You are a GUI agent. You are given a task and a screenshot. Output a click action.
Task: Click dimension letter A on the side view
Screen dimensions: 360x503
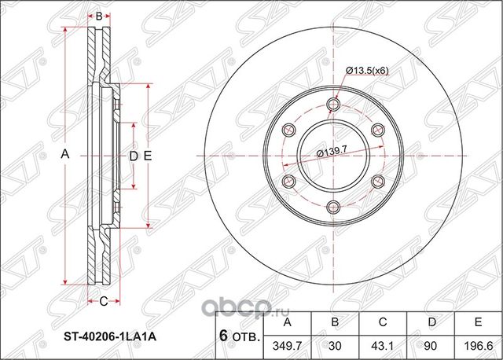(65, 156)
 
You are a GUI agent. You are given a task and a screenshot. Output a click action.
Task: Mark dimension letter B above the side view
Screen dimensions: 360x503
(99, 14)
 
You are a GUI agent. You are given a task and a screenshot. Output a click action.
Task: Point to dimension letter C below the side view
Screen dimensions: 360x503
(103, 300)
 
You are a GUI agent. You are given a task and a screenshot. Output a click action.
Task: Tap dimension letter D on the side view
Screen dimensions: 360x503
(133, 156)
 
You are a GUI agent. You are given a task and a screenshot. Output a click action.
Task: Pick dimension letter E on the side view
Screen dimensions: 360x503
(147, 156)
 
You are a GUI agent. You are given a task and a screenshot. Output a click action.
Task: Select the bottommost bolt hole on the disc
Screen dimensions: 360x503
(332, 207)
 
